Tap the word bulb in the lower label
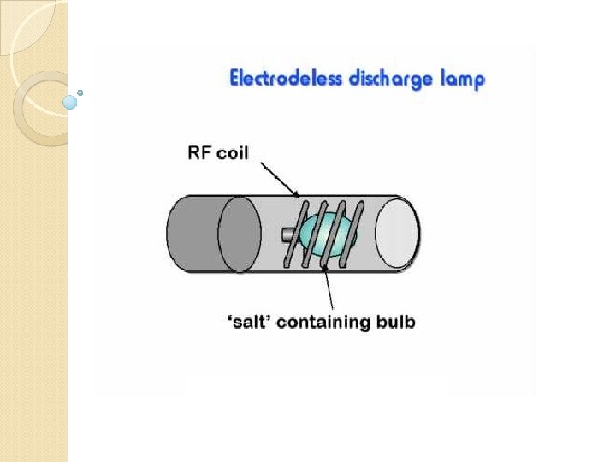coord(395,323)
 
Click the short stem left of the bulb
coord(290,232)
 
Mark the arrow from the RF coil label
coord(276,179)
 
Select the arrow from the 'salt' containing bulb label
coord(329,287)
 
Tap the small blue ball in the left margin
coord(70,102)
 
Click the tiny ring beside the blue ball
coord(80,92)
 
